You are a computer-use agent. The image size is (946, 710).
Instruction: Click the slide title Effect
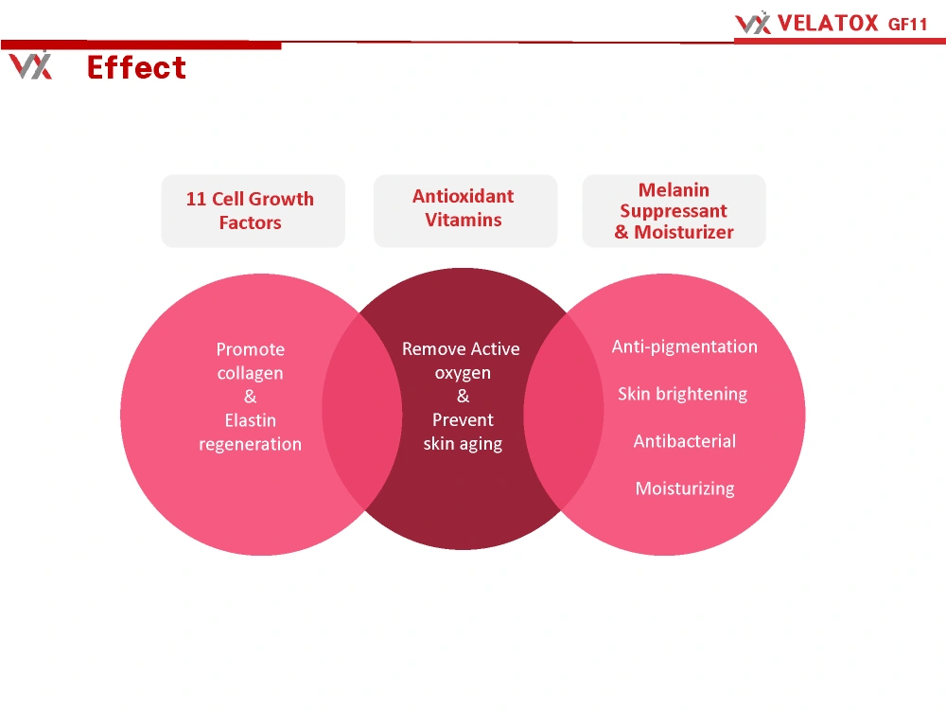click(x=136, y=67)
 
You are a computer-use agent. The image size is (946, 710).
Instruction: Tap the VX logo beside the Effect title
click(x=31, y=66)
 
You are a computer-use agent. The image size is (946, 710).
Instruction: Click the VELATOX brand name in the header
click(x=828, y=24)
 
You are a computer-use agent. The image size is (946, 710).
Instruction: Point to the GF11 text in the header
click(x=907, y=25)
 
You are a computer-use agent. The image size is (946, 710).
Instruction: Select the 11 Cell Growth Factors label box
click(x=254, y=211)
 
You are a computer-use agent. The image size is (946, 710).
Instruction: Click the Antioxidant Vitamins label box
click(x=465, y=211)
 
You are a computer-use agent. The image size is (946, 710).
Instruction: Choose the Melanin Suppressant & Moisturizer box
click(x=674, y=211)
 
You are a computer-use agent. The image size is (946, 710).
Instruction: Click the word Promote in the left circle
click(x=251, y=349)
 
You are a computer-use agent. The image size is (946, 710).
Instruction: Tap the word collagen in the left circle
click(x=251, y=374)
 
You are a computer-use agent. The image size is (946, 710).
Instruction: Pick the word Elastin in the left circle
click(x=251, y=420)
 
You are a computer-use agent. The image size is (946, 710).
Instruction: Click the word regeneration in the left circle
click(x=251, y=444)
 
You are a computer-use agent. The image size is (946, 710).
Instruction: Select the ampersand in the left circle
click(x=251, y=397)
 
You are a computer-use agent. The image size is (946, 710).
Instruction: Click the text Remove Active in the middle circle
click(x=461, y=348)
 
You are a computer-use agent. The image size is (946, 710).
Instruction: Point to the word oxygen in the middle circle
click(x=463, y=373)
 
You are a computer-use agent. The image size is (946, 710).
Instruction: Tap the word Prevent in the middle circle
click(x=463, y=419)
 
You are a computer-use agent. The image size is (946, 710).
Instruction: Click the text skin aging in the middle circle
click(x=463, y=444)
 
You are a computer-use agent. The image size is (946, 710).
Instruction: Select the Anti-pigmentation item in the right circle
click(x=685, y=346)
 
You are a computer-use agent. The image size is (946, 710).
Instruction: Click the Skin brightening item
click(x=682, y=394)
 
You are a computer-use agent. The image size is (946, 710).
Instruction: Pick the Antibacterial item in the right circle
click(x=685, y=441)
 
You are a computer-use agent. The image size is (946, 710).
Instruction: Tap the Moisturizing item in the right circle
click(x=685, y=488)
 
